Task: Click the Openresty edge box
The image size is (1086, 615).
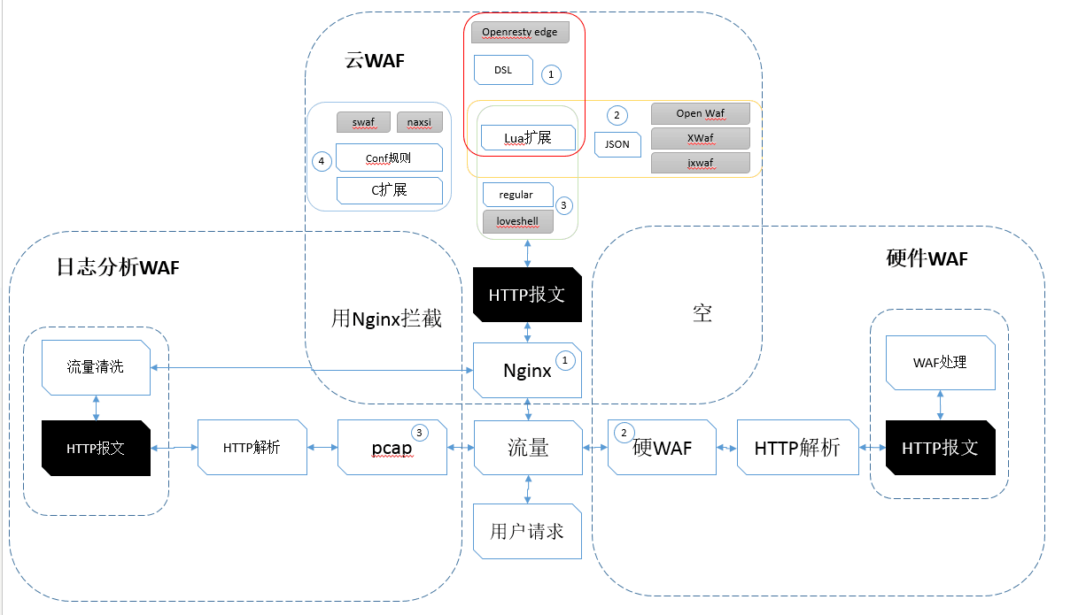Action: coord(520,33)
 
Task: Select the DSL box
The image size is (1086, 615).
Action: coord(503,71)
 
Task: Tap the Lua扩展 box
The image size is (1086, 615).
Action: coord(528,137)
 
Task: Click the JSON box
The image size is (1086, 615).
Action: coord(617,144)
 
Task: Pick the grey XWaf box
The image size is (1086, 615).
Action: coord(700,138)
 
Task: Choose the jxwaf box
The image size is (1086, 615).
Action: coord(700,163)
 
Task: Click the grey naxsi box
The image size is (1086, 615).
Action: coord(419,122)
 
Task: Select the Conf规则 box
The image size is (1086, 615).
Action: coord(389,158)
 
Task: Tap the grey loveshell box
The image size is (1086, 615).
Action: coord(518,221)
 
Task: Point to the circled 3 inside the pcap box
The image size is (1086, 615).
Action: coord(420,433)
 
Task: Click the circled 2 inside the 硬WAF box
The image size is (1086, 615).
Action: coord(624,433)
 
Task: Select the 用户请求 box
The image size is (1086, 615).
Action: coord(527,532)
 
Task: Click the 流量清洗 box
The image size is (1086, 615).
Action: coord(96,366)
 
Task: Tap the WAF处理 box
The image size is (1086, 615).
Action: coord(940,363)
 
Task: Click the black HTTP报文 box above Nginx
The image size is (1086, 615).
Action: coord(527,294)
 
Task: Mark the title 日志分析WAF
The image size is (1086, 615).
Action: coord(118,267)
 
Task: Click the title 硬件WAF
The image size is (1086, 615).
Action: coord(927,258)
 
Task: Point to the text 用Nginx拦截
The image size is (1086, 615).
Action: coord(386,318)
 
